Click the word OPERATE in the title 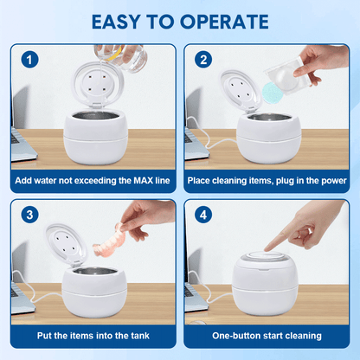[224, 22]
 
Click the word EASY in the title [116, 22]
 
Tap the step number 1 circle [29, 60]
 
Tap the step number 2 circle [203, 60]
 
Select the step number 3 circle [29, 215]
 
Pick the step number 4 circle [203, 215]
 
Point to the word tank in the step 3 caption [140, 336]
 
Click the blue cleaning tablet [271, 92]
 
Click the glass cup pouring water [121, 57]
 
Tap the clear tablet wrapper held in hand [286, 76]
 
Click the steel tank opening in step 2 [269, 118]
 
